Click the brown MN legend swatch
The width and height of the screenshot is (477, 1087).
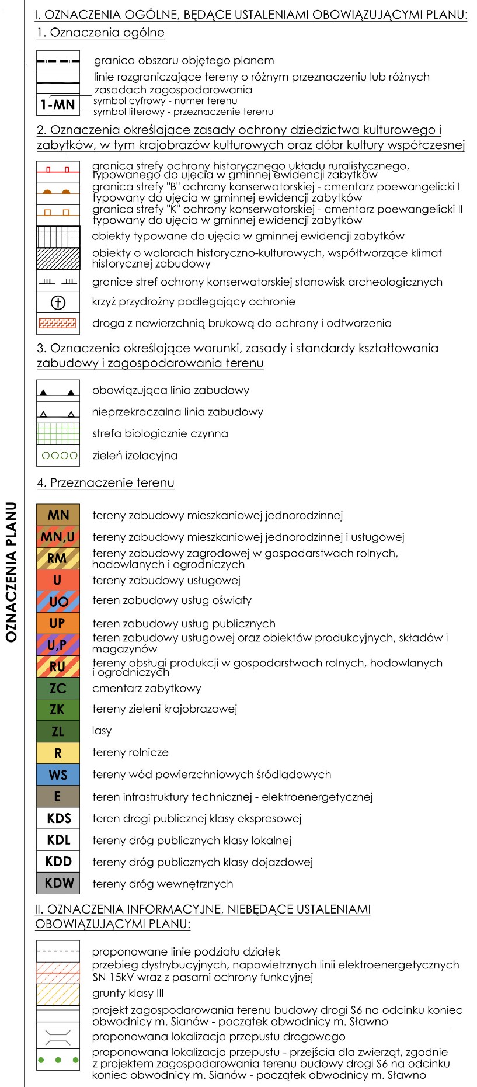[58, 515]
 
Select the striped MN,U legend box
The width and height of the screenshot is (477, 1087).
[58, 536]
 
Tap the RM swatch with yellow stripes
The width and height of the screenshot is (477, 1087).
[58, 558]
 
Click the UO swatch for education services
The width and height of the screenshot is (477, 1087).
[58, 602]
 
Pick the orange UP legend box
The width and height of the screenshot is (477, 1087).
[58, 623]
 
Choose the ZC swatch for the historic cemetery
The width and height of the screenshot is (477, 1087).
[58, 688]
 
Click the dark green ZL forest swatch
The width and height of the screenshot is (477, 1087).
[58, 731]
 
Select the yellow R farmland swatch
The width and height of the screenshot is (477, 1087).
[58, 753]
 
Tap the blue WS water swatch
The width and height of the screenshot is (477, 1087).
[58, 775]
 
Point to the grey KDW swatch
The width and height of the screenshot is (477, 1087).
[58, 883]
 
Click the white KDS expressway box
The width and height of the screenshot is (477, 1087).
[58, 818]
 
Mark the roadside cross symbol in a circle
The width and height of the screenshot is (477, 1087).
[58, 302]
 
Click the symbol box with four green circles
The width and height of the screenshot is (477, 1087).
[58, 456]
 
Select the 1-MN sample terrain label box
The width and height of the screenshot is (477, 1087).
[58, 105]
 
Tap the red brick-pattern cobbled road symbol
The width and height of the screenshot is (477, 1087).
[58, 323]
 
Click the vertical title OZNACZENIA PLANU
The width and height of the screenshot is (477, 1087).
[11, 572]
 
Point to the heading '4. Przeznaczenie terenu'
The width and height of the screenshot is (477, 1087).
[106, 483]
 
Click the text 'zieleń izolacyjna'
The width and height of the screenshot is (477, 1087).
[135, 456]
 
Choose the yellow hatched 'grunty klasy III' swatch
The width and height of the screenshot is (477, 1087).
[58, 994]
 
